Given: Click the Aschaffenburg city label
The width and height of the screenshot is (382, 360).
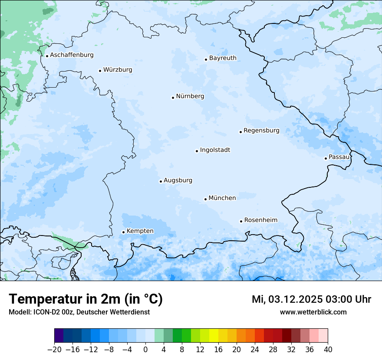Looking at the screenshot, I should pyautogui.click(x=72, y=55).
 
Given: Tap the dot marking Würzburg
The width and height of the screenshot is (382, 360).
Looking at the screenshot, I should pyautogui.click(x=100, y=71).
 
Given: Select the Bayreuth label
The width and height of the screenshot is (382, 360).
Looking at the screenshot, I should pyautogui.click(x=223, y=58).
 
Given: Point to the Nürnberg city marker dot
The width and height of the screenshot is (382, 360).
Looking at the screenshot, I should pyautogui.click(x=173, y=98).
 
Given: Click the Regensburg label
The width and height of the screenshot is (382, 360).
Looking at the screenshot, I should pyautogui.click(x=261, y=131).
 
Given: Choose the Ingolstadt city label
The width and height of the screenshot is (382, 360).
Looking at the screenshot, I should pyautogui.click(x=215, y=150).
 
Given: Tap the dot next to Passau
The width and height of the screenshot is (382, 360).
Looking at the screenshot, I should pyautogui.click(x=326, y=158).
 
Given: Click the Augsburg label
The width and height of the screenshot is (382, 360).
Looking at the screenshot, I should pyautogui.click(x=178, y=180).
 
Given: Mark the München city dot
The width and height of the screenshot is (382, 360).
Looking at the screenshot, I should pyautogui.click(x=205, y=200).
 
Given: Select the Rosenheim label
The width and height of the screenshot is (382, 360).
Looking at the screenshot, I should pyautogui.click(x=260, y=220).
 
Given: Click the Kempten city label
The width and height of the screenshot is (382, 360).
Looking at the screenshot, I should pyautogui.click(x=140, y=231).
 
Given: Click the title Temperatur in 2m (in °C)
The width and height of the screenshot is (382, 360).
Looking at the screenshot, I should pyautogui.click(x=86, y=299).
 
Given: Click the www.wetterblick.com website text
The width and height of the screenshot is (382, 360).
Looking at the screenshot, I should pyautogui.click(x=313, y=312).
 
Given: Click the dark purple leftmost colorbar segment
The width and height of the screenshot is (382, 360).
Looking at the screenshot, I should pyautogui.click(x=59, y=336).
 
